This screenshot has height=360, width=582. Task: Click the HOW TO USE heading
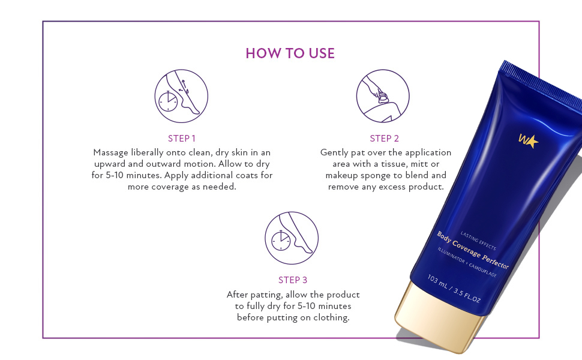click(x=290, y=53)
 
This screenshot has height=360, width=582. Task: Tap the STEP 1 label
click(x=182, y=139)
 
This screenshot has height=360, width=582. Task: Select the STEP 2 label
click(x=385, y=139)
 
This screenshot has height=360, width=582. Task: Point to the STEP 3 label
click(x=293, y=280)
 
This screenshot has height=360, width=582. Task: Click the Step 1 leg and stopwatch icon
click(x=181, y=96)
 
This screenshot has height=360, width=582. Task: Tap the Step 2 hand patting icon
click(x=383, y=96)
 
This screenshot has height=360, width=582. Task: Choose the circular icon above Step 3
click(x=292, y=238)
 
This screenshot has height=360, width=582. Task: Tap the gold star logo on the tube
click(x=529, y=141)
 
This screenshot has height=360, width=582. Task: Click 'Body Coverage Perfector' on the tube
click(x=472, y=250)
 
